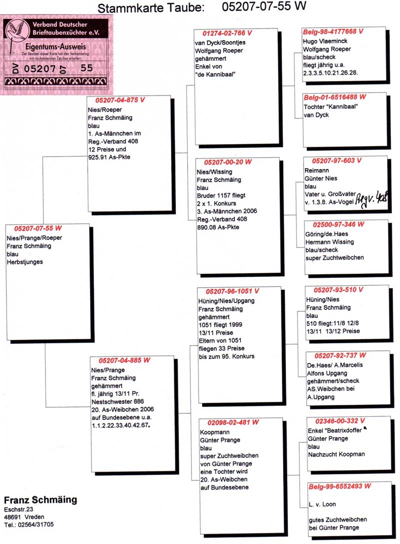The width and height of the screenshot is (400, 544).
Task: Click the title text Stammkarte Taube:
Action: pos(151,8)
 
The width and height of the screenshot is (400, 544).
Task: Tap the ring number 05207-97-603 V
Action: pos(336,161)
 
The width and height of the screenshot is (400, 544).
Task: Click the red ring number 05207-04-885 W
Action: pos(124,360)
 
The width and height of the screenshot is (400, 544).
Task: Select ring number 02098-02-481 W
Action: pos(228,422)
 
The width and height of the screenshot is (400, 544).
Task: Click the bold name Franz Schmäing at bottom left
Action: pos(40,500)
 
